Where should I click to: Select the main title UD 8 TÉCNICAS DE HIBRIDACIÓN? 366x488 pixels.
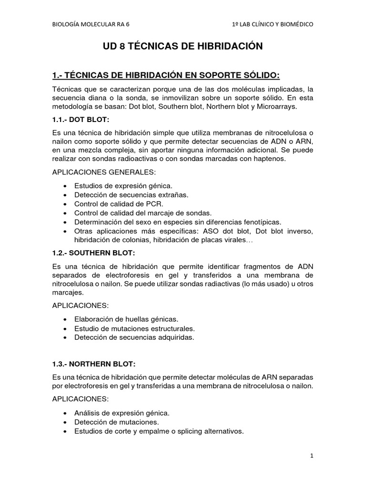point(183,47)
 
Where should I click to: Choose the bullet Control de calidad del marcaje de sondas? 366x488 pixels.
point(143,213)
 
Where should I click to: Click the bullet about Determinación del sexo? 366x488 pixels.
point(178,222)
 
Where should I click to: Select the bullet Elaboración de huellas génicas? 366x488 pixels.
point(126,319)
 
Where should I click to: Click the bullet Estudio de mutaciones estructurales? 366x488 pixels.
point(135,328)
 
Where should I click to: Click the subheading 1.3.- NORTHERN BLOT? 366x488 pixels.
point(94,364)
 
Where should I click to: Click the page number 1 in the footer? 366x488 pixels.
point(312,456)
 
